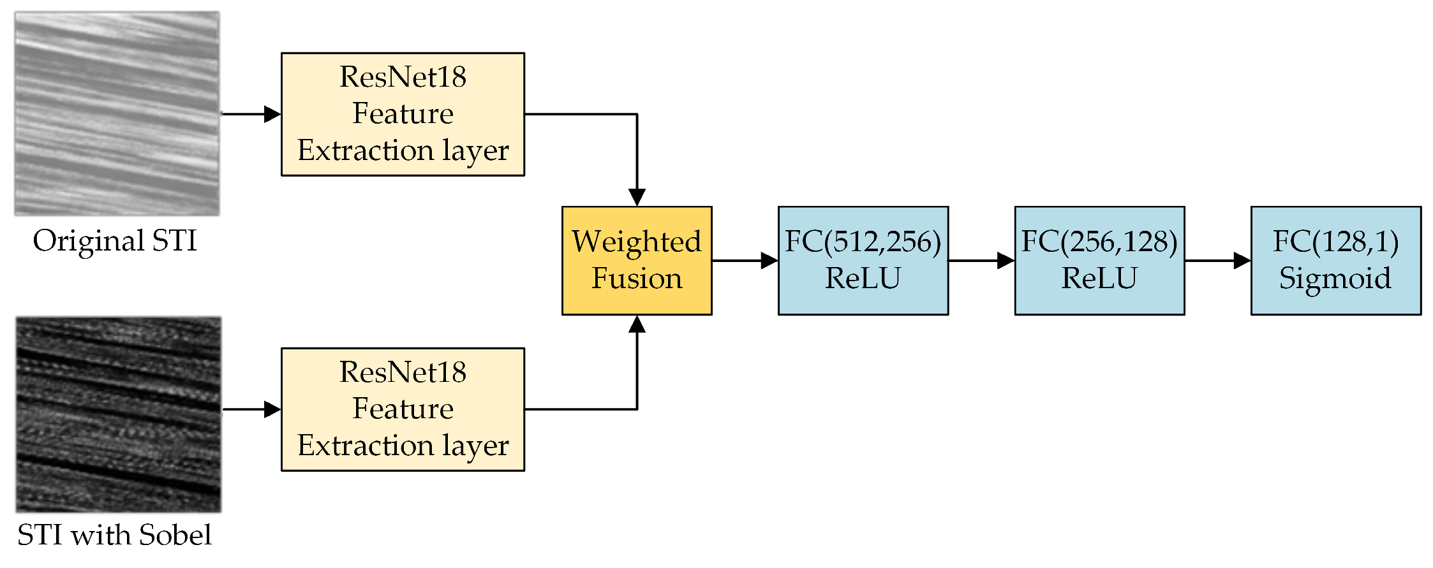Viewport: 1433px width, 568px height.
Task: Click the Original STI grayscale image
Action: (x=117, y=113)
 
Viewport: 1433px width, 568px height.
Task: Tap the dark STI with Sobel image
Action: (x=119, y=414)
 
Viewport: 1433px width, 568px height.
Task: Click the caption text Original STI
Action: (x=115, y=241)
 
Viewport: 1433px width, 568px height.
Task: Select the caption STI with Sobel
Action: (x=114, y=535)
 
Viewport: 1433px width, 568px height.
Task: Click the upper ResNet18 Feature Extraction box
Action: (x=403, y=114)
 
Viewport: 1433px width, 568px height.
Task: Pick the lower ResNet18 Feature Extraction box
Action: (x=403, y=409)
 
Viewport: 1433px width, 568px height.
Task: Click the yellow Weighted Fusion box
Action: (x=637, y=260)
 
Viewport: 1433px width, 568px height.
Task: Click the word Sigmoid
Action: (x=1335, y=279)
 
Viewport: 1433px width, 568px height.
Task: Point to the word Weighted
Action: (x=636, y=242)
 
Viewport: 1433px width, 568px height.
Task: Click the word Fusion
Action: (x=637, y=279)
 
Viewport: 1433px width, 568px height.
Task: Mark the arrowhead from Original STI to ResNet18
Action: (x=272, y=114)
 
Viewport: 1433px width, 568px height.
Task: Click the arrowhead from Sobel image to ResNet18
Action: (x=272, y=409)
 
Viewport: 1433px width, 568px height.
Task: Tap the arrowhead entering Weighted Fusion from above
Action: (x=637, y=197)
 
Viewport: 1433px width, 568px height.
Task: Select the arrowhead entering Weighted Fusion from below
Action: (x=637, y=324)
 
